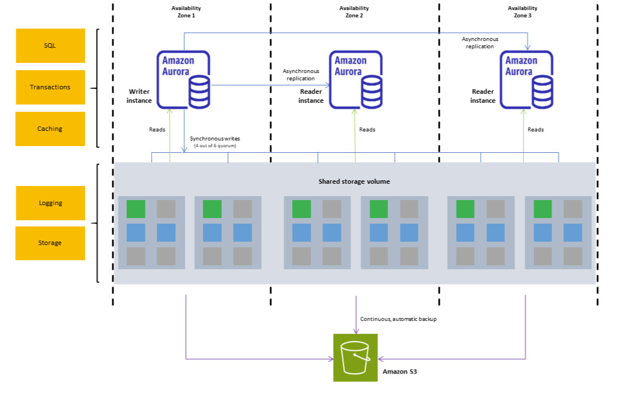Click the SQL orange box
[50, 46]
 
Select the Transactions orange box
[50, 87]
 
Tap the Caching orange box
[50, 129]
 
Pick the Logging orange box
[50, 203]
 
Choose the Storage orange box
[50, 243]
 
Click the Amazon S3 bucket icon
[355, 357]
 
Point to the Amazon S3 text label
[399, 371]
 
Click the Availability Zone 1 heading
[186, 12]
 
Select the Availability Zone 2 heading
[354, 12]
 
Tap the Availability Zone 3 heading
[522, 12]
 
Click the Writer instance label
[140, 96]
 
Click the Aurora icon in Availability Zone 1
[183, 79]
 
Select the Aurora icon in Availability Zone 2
[356, 79]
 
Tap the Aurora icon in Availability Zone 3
[526, 79]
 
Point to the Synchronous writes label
[215, 138]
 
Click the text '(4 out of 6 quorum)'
[215, 146]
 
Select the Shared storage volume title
[354, 181]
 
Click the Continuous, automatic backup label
[398, 319]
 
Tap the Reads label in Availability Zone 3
[535, 130]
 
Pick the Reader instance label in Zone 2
[311, 96]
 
